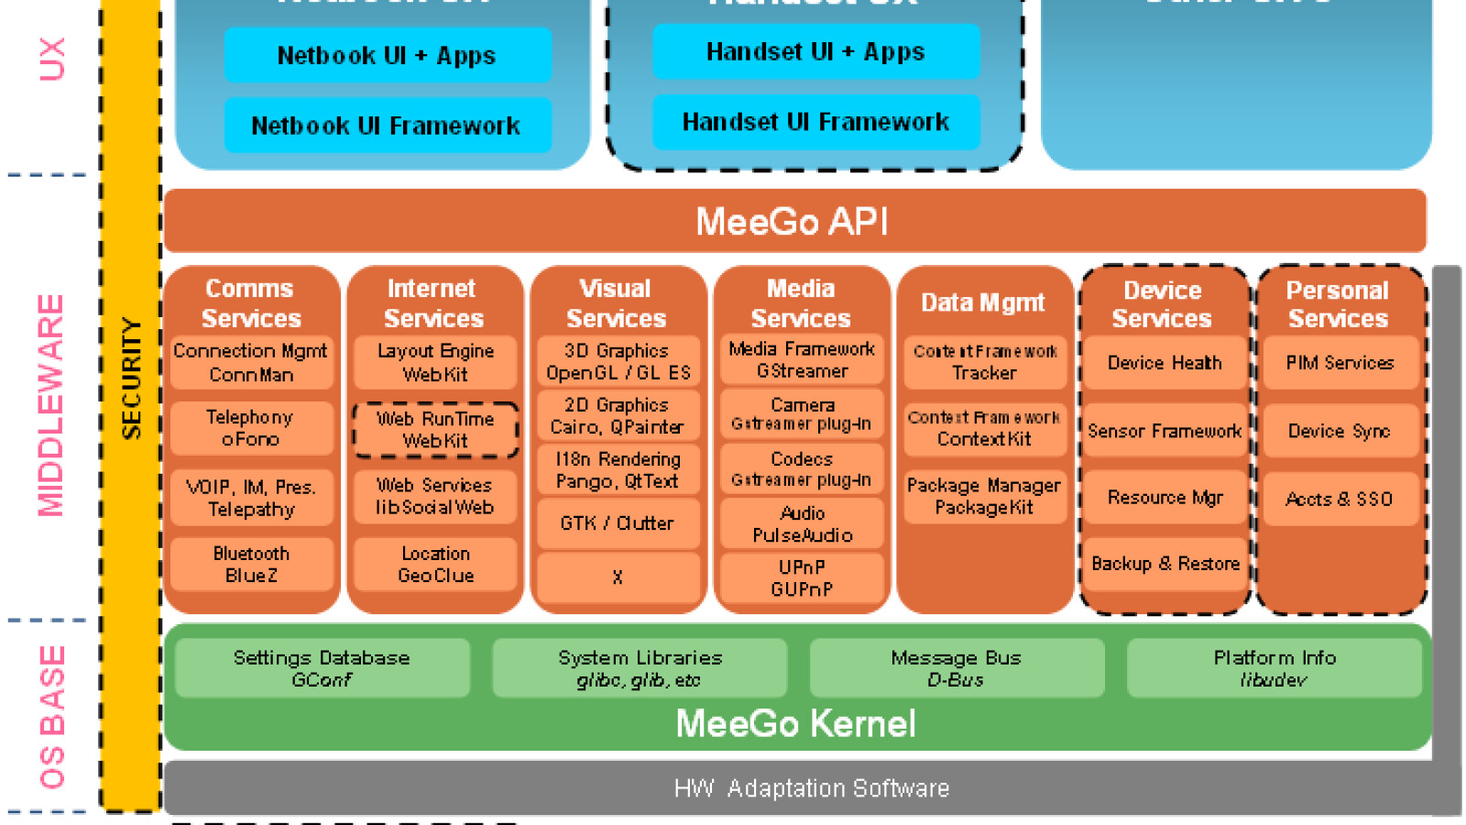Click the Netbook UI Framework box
387,126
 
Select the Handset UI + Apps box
815,52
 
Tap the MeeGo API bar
793,221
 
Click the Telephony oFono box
251,428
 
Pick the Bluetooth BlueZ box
251,565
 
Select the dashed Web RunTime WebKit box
435,430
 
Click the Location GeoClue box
435,565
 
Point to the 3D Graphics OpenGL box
618,362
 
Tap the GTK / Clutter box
618,523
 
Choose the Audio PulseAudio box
802,523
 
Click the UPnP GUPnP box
802,578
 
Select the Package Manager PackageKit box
984,497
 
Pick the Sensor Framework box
1165,431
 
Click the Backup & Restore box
1165,564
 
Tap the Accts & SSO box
1339,499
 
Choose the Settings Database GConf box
322,668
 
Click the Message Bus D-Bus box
956,668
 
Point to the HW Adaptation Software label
811,788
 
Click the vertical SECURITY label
132,378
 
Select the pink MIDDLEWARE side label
50,405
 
